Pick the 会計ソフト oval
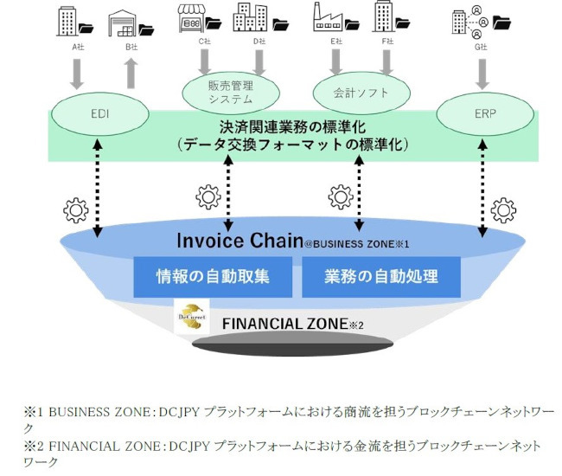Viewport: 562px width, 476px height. (361, 91)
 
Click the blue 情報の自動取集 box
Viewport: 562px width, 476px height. (212, 277)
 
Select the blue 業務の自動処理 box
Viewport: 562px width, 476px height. (380, 277)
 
